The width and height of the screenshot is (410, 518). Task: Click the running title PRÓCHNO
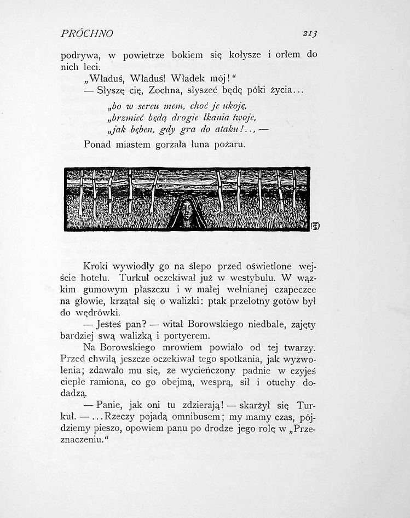[86, 33]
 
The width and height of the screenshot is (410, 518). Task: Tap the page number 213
[310, 33]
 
